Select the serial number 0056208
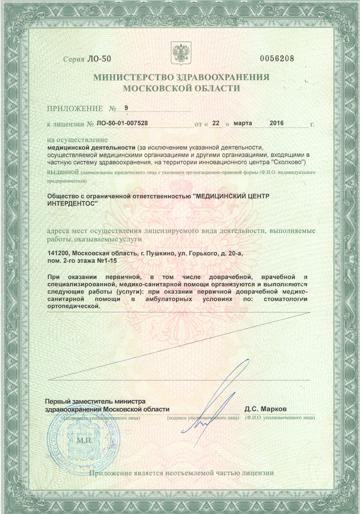277,59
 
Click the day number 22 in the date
216,123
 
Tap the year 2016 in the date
277,123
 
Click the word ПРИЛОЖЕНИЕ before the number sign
75,109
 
